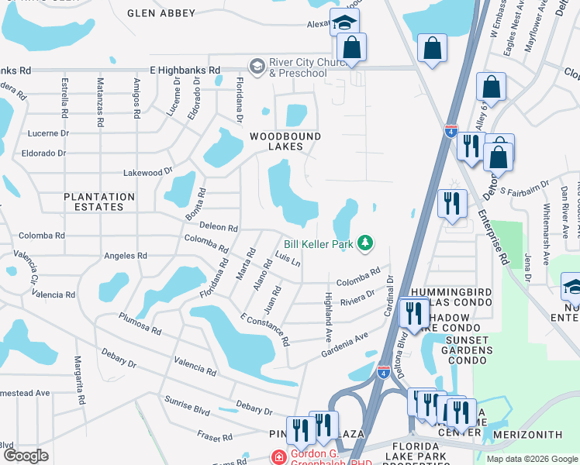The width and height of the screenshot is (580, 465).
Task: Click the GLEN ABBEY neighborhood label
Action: click(x=161, y=13)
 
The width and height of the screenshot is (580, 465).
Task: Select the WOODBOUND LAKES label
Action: click(x=285, y=136)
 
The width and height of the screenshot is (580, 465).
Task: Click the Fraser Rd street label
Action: click(x=215, y=437)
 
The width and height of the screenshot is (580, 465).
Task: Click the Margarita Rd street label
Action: click(x=78, y=374)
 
